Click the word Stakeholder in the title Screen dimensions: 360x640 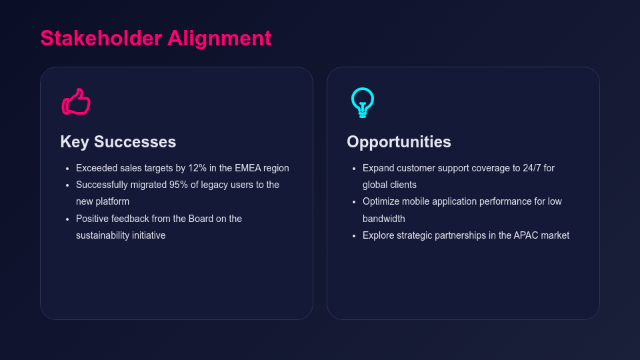point(101,38)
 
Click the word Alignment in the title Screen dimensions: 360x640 point(219,38)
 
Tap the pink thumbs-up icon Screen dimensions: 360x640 point(76,102)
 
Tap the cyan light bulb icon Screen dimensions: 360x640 point(363,103)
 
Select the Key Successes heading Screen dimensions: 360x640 point(118,142)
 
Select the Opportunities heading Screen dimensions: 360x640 point(399,142)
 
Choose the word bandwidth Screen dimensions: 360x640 point(384,219)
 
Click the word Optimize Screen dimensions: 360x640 point(381,201)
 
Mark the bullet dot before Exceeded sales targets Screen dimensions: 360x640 point(67,169)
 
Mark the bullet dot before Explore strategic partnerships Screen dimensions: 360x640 point(353,236)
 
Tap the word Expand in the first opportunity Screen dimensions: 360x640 point(379,168)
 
